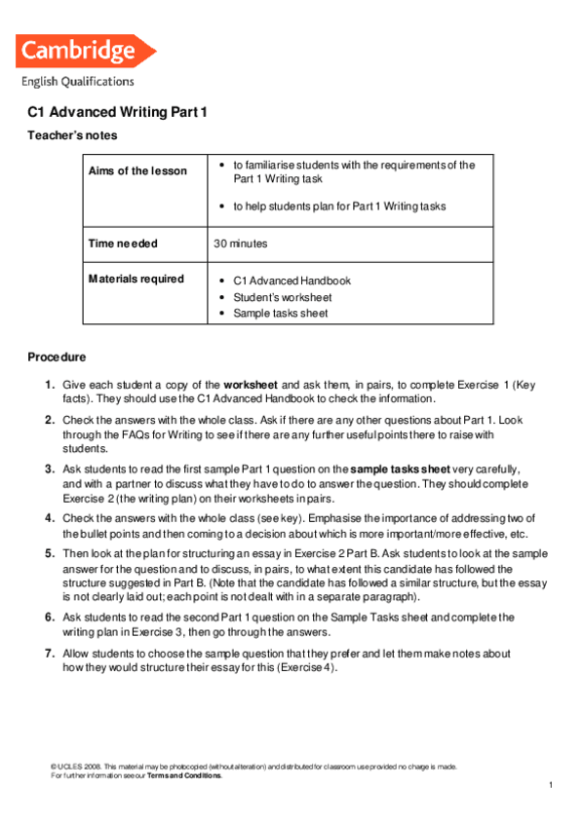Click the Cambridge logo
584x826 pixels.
coord(86,51)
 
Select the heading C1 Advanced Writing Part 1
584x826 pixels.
coord(118,113)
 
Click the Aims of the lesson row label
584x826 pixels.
coord(137,171)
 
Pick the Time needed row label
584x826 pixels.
coord(123,244)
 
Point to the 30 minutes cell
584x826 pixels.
coord(240,244)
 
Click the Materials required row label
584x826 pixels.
coord(136,280)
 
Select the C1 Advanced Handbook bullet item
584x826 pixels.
coord(292,281)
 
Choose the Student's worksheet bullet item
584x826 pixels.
coord(283,297)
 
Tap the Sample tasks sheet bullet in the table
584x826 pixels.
coord(281,314)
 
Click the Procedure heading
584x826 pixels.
coord(57,357)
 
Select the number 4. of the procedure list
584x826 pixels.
coord(49,517)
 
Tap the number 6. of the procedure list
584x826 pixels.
coord(49,617)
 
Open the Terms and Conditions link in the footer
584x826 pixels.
coord(184,775)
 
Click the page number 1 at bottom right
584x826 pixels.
coord(551,785)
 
